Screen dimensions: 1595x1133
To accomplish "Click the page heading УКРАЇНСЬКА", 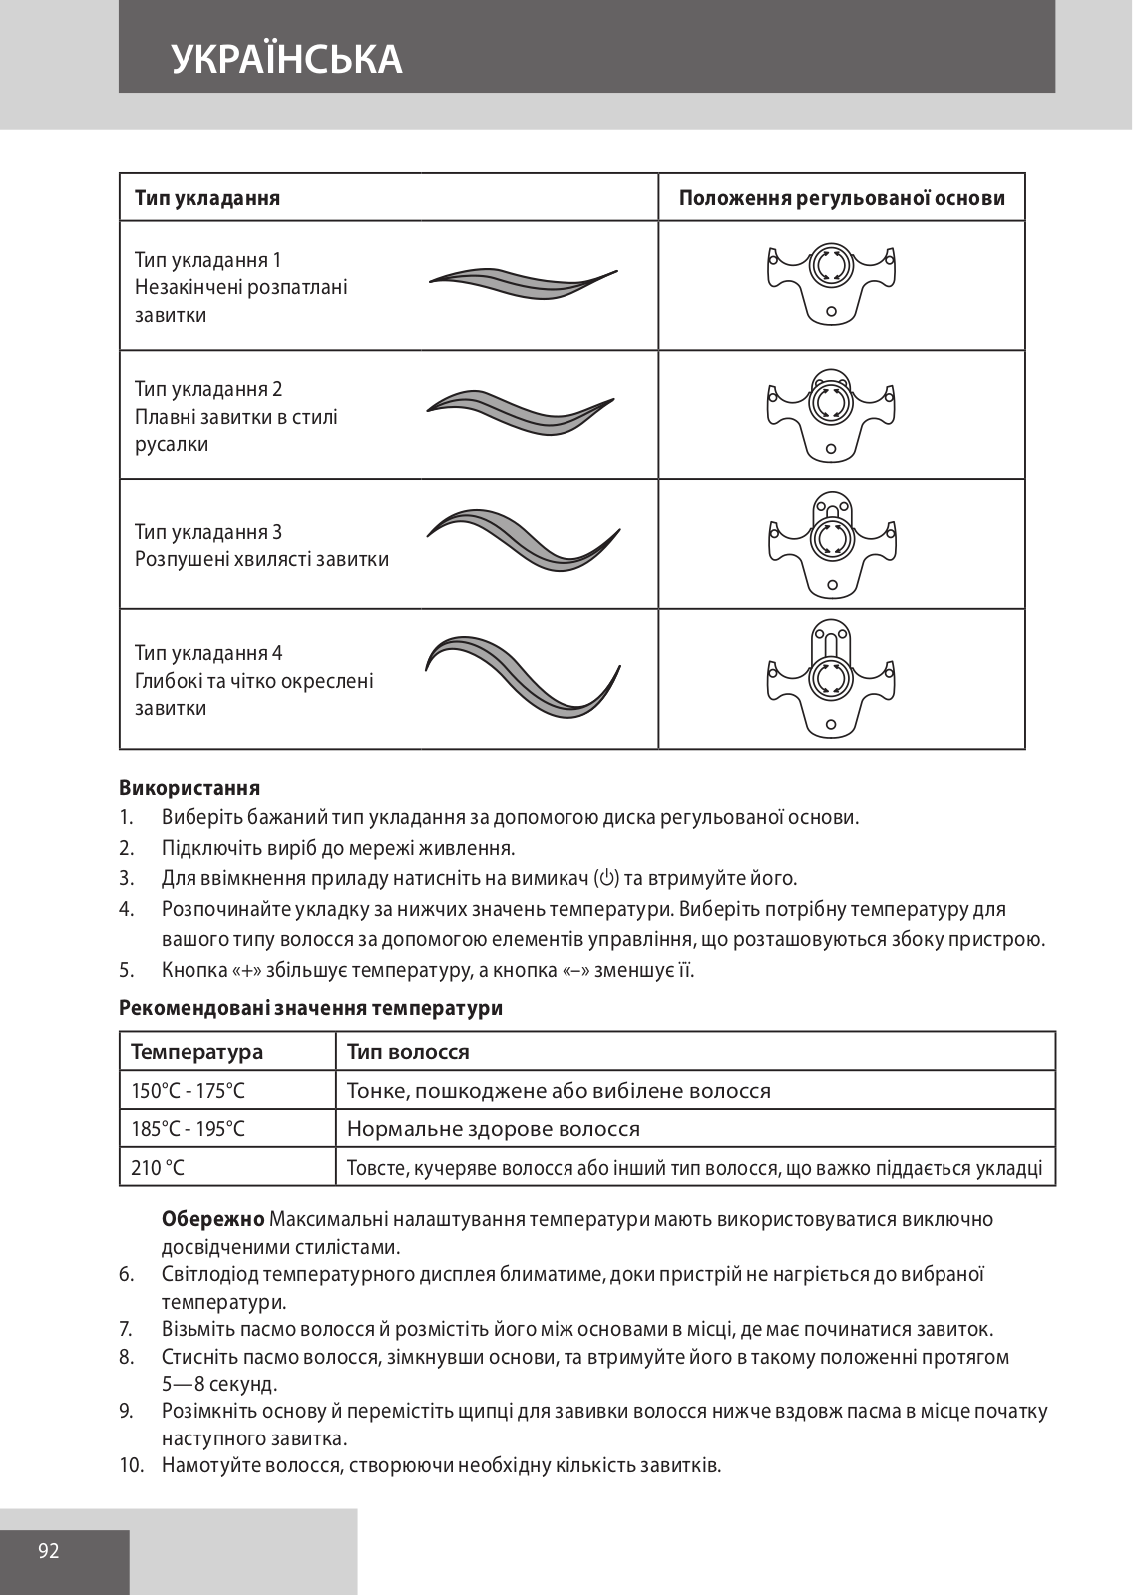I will [286, 59].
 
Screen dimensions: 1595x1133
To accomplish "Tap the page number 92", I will [49, 1551].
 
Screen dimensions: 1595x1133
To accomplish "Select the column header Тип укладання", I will [207, 198].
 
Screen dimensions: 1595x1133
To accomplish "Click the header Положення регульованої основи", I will [842, 198].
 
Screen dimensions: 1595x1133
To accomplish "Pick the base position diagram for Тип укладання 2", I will [830, 411].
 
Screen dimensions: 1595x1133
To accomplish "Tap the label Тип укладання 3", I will [208, 532].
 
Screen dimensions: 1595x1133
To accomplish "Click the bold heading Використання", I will [189, 788].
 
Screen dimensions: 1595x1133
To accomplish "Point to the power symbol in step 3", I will [606, 878].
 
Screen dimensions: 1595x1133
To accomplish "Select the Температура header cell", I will [197, 1052].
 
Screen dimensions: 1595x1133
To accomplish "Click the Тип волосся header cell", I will [408, 1052].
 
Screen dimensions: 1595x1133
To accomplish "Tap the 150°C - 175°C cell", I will [189, 1091].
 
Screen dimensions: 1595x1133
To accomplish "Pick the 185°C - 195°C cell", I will [189, 1129].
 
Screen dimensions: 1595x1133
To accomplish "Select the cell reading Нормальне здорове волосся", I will [494, 1129].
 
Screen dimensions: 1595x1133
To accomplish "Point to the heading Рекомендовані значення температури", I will [310, 1008].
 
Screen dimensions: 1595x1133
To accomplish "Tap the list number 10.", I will [132, 1465].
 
